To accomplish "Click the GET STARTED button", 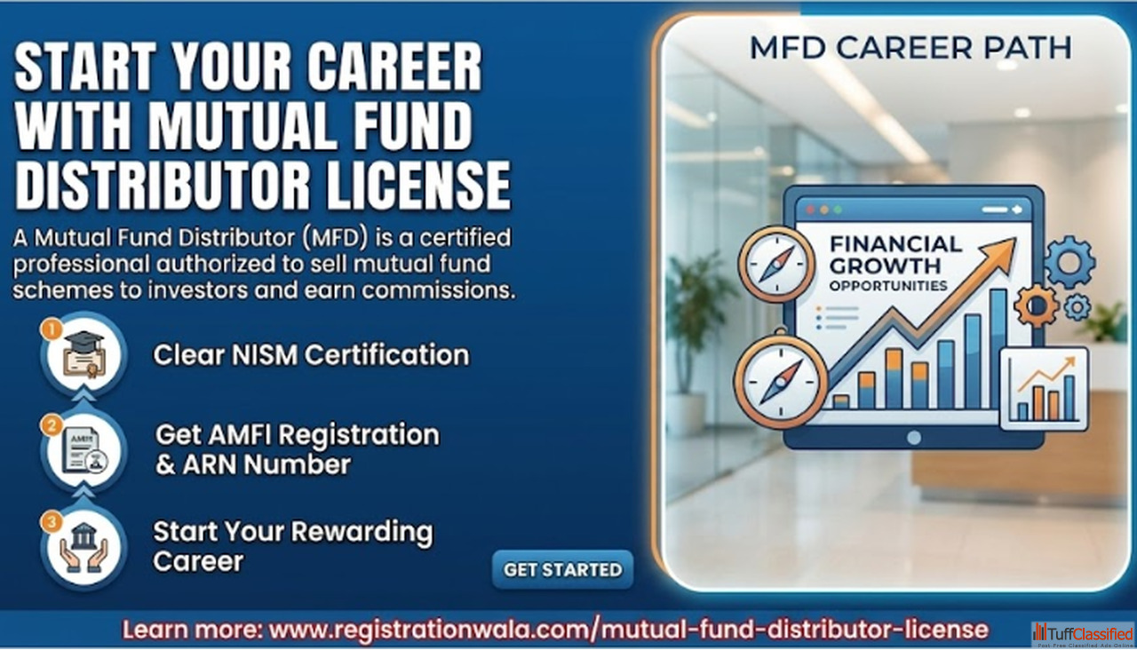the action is point(562,569).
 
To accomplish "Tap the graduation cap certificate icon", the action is point(83,354).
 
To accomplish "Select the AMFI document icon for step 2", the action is point(84,451).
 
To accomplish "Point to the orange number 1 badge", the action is point(52,329).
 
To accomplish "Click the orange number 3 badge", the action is point(52,521).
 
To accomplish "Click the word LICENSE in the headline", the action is point(417,185).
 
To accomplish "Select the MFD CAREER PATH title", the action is point(910,48).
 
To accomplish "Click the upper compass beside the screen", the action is point(776,264).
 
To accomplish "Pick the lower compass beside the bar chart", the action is point(781,382).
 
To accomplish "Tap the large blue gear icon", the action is point(1069,262).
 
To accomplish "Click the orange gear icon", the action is point(1037,305).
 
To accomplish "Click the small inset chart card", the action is point(1044,390).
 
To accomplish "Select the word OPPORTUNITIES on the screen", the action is point(888,286).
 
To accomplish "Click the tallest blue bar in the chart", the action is point(998,349).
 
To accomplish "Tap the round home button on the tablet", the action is point(914,438).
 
